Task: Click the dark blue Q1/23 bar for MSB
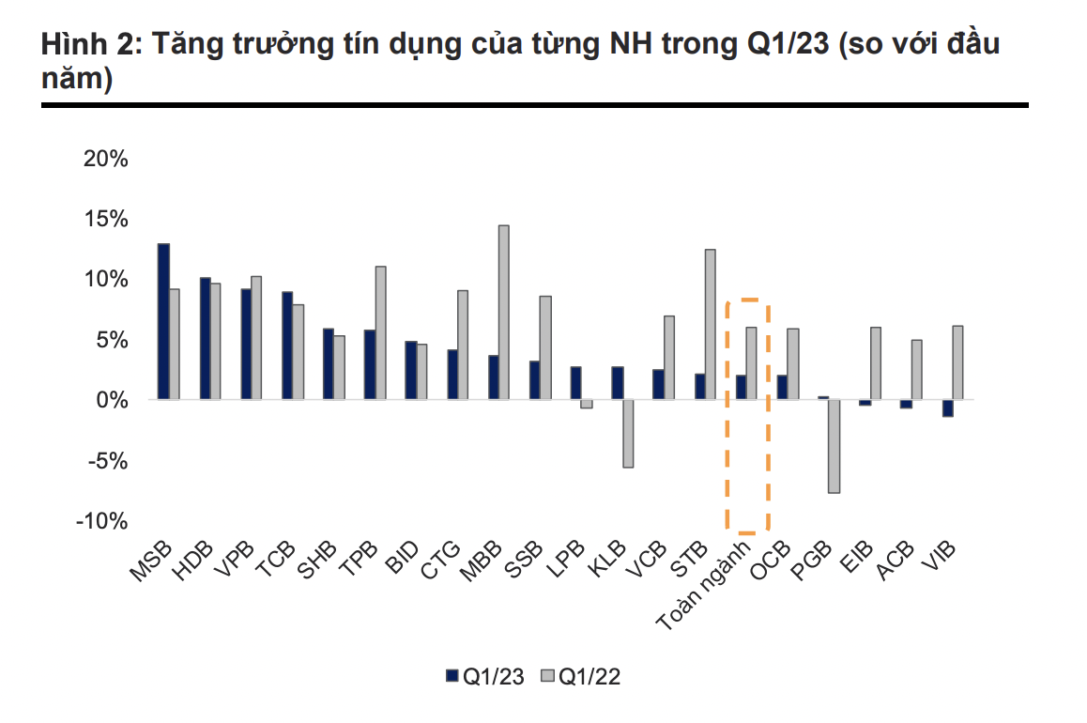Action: pos(163,321)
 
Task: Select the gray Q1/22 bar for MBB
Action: pos(503,313)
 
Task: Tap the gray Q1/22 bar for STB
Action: pos(710,324)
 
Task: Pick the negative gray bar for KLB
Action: pos(628,433)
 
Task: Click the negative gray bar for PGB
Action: pos(834,446)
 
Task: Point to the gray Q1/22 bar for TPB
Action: pos(380,333)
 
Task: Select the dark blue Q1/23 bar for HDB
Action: pos(205,338)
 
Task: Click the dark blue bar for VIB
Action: pos(948,408)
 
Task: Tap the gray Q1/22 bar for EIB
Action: pos(875,363)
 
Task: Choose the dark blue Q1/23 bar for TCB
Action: pos(287,346)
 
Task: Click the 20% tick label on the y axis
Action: pos(105,158)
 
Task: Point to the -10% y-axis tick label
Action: pos(101,521)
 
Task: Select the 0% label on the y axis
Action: pos(111,400)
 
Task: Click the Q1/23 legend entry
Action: pos(484,676)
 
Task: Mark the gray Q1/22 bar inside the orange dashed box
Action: pos(751,363)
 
